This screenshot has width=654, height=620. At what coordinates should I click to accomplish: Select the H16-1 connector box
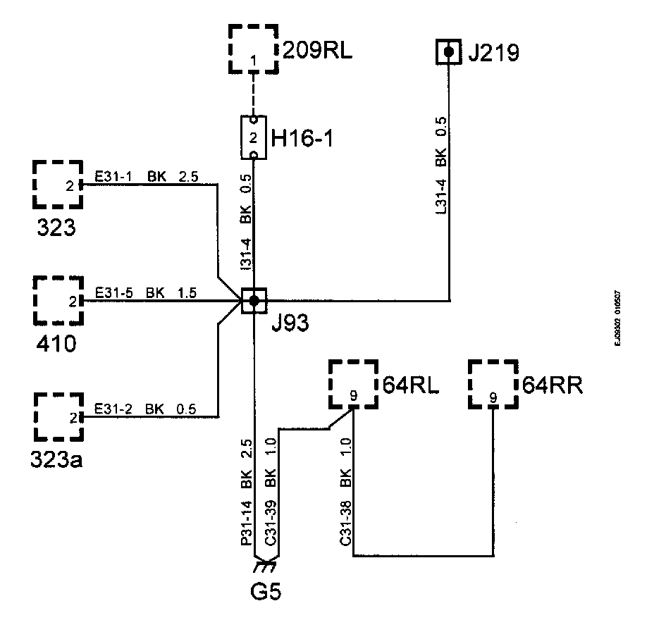coord(253,137)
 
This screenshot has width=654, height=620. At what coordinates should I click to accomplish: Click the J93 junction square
coord(254,301)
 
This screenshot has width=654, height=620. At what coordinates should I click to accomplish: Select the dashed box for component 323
coord(57,185)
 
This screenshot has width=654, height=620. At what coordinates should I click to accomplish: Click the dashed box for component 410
coord(57,301)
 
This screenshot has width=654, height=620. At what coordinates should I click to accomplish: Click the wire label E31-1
coord(113,177)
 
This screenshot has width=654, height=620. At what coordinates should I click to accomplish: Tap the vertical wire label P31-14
coord(246,526)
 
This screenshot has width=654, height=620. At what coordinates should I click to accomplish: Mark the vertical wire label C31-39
coord(270,526)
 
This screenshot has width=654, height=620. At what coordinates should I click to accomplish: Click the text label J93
coord(290,325)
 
